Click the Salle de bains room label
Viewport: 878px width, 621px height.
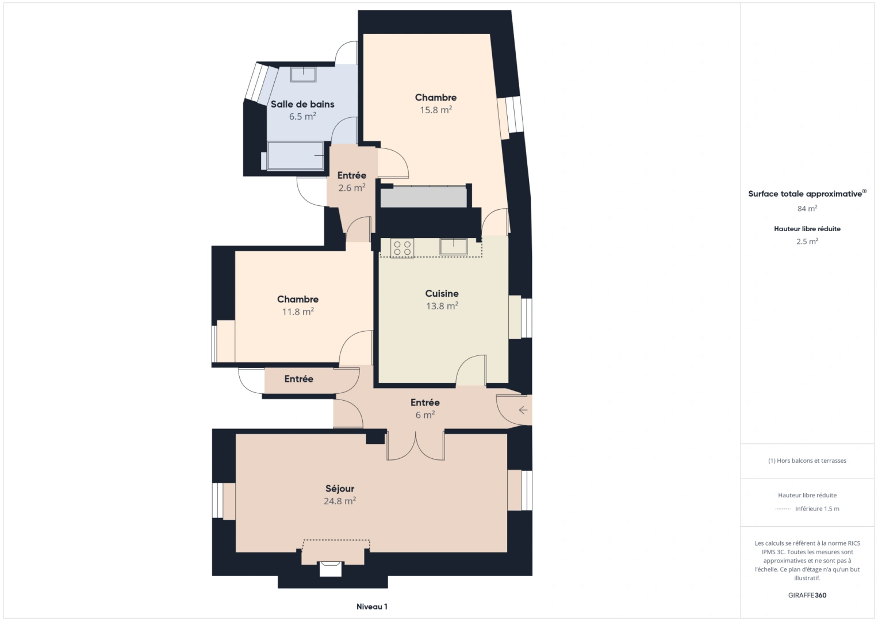click(302, 104)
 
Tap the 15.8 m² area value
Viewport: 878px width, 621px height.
click(435, 110)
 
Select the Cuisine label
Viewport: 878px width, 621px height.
click(442, 293)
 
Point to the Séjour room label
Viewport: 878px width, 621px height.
click(340, 489)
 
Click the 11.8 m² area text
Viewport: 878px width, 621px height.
click(297, 312)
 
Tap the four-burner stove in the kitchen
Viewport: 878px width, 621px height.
click(402, 248)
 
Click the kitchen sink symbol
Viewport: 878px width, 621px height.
click(453, 246)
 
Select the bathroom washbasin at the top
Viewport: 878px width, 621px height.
click(303, 74)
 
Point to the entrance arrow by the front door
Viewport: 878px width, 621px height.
click(523, 410)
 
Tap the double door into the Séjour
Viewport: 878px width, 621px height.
click(415, 445)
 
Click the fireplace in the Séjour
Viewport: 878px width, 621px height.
click(331, 566)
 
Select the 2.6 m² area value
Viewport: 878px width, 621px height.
click(351, 188)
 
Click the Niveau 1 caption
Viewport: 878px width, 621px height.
click(371, 607)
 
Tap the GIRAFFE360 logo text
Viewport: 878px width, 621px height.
click(807, 595)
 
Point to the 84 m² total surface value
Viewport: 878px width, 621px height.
click(807, 209)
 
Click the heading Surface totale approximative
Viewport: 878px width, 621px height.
click(806, 194)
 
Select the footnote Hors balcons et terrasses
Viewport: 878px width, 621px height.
click(807, 461)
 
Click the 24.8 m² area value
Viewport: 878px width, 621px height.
click(339, 501)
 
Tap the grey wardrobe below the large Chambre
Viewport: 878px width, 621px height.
click(423, 197)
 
